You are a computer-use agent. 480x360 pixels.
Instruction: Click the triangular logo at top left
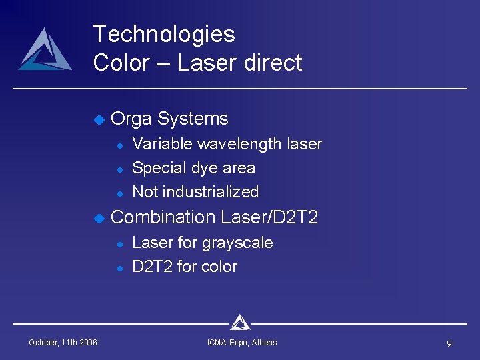tap(45, 51)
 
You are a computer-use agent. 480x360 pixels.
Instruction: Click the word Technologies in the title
tap(164, 34)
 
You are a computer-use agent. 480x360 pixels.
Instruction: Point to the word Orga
tap(131, 119)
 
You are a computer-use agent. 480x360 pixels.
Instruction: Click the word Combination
tap(163, 217)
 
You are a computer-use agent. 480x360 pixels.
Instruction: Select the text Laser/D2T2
tap(269, 217)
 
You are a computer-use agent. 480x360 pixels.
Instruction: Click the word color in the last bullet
tap(219, 267)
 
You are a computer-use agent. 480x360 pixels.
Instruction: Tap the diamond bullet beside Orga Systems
tap(99, 120)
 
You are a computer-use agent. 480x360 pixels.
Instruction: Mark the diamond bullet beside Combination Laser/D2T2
tap(99, 218)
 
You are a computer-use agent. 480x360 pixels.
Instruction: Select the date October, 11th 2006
tap(63, 343)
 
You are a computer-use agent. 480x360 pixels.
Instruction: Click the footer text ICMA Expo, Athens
tap(242, 343)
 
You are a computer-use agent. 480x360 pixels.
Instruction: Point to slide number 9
tap(449, 343)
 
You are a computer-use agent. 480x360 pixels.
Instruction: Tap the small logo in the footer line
tap(240, 323)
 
